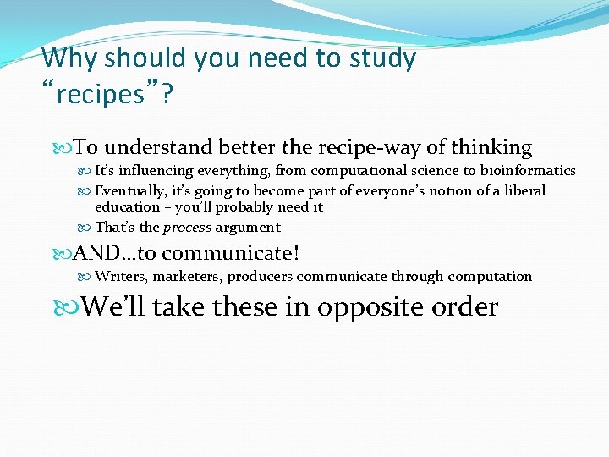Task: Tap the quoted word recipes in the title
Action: coord(95,94)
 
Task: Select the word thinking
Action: coord(491,148)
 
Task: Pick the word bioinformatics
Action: coord(528,171)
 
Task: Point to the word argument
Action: coord(247,228)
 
